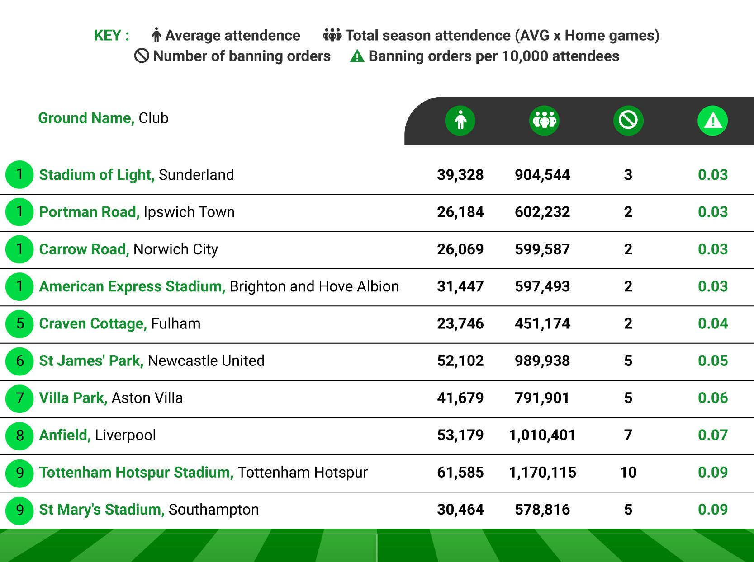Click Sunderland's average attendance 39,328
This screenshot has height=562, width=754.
pos(460,175)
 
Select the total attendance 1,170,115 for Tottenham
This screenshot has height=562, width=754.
pos(542,473)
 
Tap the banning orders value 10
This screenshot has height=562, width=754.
pos(628,473)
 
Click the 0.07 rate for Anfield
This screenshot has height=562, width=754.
pos(712,435)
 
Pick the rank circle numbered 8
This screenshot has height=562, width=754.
pos(19,436)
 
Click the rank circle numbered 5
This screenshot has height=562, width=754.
pos(19,324)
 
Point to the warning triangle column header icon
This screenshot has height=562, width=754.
pos(712,121)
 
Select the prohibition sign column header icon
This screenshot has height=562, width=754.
pos(628,121)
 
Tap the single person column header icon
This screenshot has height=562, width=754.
pos(460,121)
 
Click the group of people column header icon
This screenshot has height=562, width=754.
pos(544,121)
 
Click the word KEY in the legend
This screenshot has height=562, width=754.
pos(107,35)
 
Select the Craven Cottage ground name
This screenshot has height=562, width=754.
pos(93,324)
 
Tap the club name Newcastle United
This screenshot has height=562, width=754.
pos(206,361)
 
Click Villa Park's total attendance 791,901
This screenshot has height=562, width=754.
pos(542,398)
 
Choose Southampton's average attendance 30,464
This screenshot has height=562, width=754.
pos(460,510)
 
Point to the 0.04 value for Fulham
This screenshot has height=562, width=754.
pos(712,324)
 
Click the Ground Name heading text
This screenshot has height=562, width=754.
pos(86,118)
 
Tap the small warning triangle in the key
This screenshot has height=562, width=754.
pos(357,56)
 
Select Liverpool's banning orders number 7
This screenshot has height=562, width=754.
pos(628,435)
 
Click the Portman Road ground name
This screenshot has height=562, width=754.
pos(89,212)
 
